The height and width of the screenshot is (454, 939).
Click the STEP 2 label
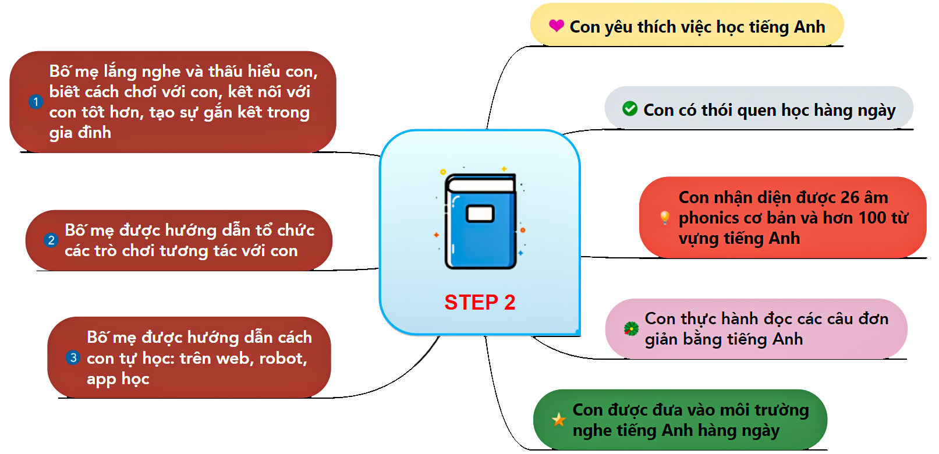pos(480,302)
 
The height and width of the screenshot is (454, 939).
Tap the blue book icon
pos(480,222)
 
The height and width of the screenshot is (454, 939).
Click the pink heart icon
pos(557,26)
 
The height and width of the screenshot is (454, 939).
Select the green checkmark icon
pos(630,109)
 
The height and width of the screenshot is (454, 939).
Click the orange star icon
pos(559,419)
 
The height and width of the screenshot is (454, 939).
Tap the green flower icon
pos(631,329)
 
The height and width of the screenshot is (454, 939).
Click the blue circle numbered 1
pos(36,102)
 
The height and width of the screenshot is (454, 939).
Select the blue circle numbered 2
pos(51,240)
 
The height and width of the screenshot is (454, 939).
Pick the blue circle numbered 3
pos(73,357)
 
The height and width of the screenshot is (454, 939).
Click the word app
pos(101,379)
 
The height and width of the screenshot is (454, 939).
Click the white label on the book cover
pos(480,214)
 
